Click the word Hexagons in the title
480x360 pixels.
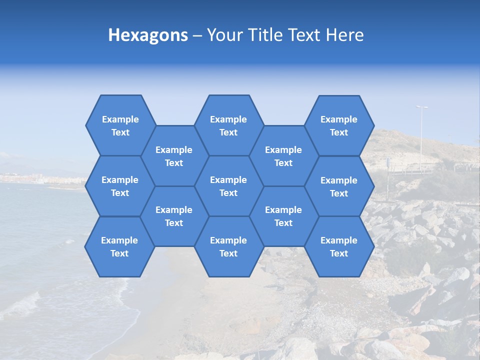point(148,35)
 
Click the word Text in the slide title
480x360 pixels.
point(305,35)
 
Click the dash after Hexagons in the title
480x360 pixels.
point(197,35)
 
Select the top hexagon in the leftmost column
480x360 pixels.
point(120,125)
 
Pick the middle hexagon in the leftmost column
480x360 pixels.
point(120,186)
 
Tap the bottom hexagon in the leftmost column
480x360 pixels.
point(119,246)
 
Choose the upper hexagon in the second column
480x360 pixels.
point(174,156)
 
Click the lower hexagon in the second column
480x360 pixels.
point(174,216)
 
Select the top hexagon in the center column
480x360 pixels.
point(228,125)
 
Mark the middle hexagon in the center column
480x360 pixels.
point(228,186)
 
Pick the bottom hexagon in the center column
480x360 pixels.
point(228,246)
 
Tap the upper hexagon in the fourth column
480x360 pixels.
point(283,156)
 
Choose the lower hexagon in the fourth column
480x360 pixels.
point(283,216)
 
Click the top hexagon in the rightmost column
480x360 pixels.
point(339,125)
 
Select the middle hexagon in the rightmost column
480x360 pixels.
point(339,186)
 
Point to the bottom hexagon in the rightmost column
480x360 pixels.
point(339,246)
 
